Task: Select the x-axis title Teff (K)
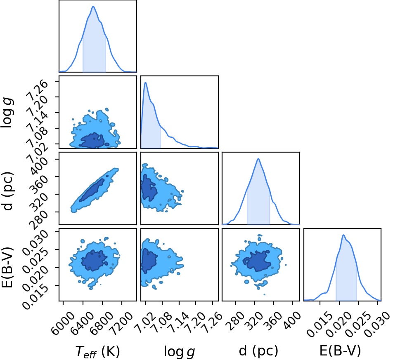tap(97, 351)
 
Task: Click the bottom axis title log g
tap(179, 351)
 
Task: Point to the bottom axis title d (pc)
tap(258, 351)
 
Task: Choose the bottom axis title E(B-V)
tap(340, 351)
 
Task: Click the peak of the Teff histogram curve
tap(93, 6)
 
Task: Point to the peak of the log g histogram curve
tap(145, 82)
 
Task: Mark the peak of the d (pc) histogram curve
tap(258, 159)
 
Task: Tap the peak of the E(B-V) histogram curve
tap(343, 235)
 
